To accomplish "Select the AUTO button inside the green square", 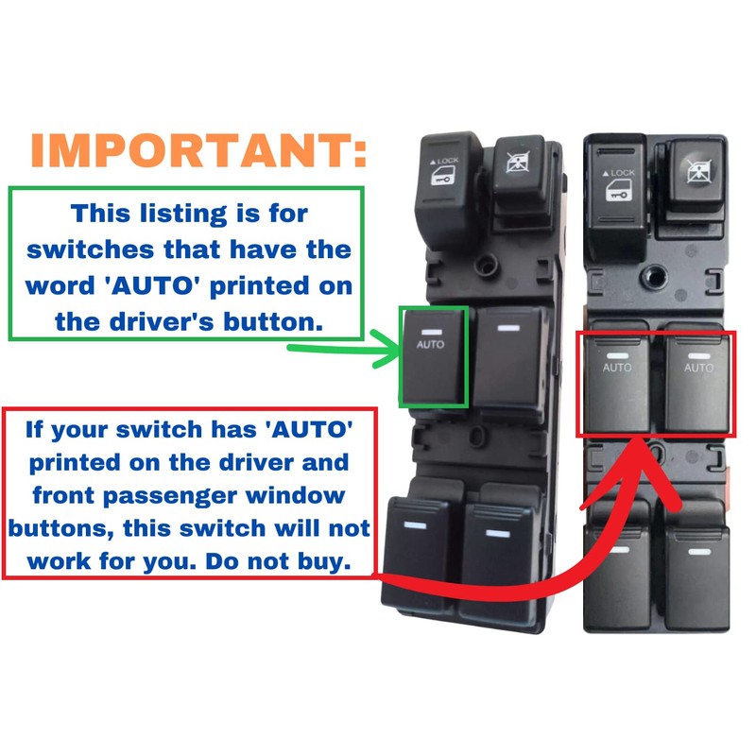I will [433, 356].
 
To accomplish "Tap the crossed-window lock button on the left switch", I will [519, 171].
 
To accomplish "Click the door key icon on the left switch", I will [441, 180].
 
